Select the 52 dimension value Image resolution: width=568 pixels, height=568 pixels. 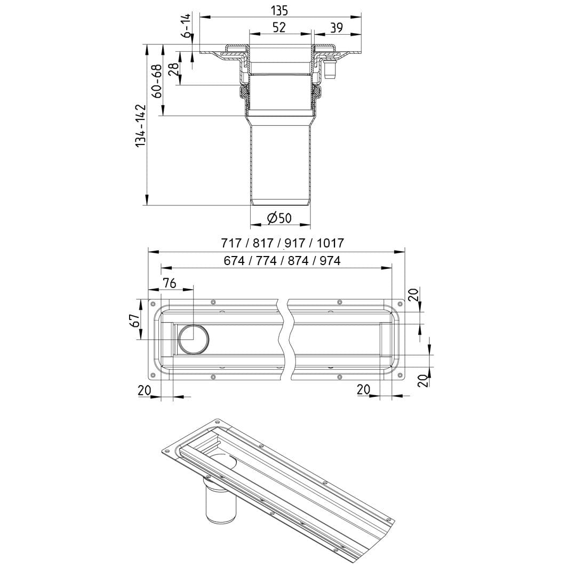coord(278,28)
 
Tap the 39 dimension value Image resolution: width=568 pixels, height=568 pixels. coord(337,28)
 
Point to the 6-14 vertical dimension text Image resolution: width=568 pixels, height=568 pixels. coord(187,25)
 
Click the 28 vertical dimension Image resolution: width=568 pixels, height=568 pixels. coord(173,68)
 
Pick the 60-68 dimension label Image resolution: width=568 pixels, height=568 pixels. coord(156,81)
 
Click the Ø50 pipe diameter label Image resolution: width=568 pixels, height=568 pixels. coord(279,218)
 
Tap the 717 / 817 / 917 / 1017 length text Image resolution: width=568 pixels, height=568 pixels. coord(283,243)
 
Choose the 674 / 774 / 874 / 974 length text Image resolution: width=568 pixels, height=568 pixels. coord(282,260)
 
